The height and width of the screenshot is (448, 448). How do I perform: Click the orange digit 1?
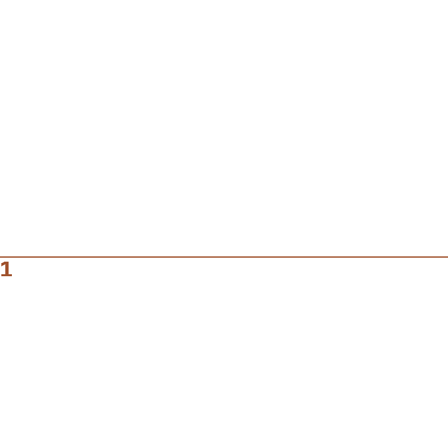coord(7,270)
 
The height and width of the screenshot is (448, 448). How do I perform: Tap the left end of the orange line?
coord(1,257)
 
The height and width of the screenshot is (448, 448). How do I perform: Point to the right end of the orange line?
coord(447,257)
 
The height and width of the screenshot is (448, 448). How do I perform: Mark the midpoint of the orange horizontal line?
coord(224,257)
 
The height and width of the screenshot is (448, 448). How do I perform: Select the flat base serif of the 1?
coord(7,276)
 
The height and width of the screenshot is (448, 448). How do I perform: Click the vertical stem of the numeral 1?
coord(7,270)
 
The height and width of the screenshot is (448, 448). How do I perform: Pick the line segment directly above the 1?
coord(7,257)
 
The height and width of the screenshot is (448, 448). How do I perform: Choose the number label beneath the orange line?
coord(7,270)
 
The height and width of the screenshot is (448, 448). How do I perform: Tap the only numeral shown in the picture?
coord(7,270)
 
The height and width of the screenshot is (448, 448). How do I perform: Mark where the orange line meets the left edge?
coord(0,257)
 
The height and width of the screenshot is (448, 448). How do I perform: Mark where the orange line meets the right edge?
coord(447,257)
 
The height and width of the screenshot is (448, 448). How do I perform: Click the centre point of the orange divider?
coord(224,257)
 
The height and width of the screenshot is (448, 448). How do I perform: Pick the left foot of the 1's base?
coord(3,276)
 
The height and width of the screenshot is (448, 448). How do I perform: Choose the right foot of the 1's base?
coord(11,276)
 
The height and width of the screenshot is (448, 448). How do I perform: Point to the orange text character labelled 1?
coord(7,270)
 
